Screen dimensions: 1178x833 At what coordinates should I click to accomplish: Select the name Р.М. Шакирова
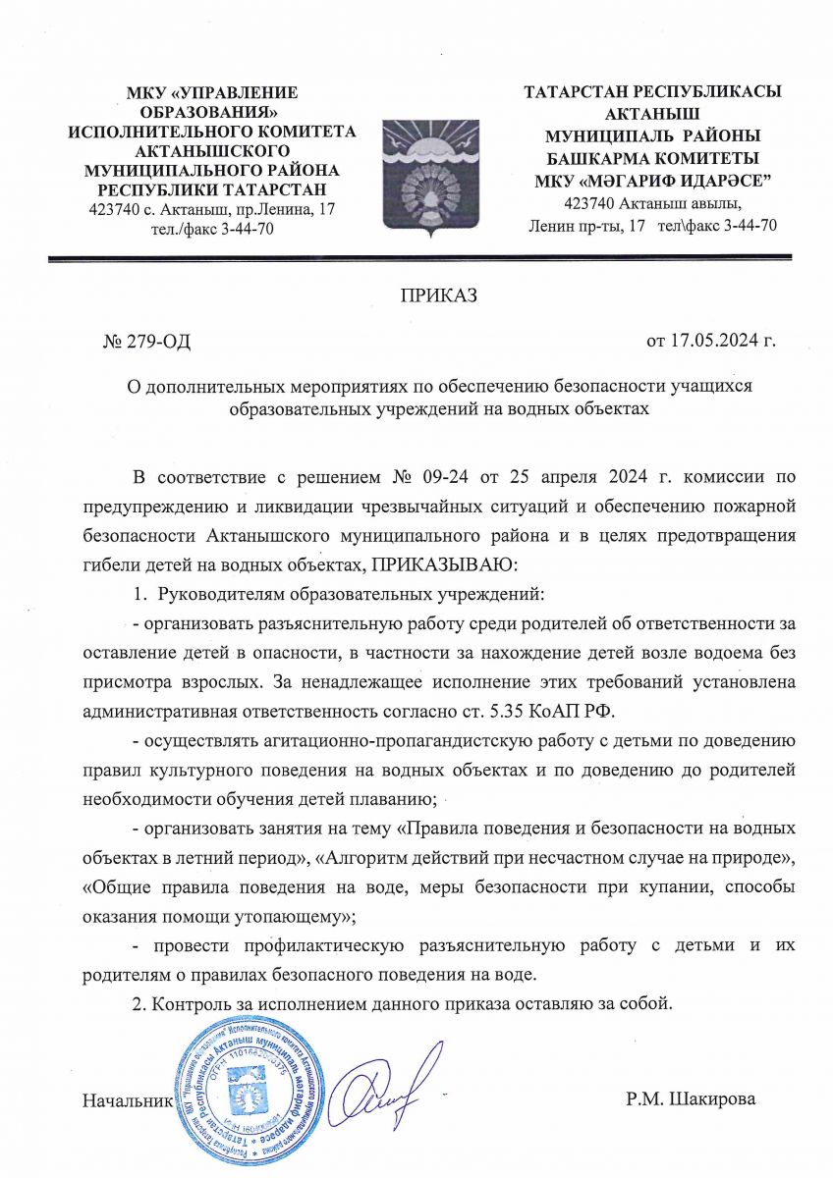pos(691,1098)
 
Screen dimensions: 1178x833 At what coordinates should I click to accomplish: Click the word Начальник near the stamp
pos(128,1098)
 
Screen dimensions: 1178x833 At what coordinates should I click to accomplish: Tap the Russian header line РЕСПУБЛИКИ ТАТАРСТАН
pos(211,188)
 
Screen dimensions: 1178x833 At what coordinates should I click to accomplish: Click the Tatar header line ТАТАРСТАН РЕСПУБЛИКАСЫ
pos(652,91)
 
